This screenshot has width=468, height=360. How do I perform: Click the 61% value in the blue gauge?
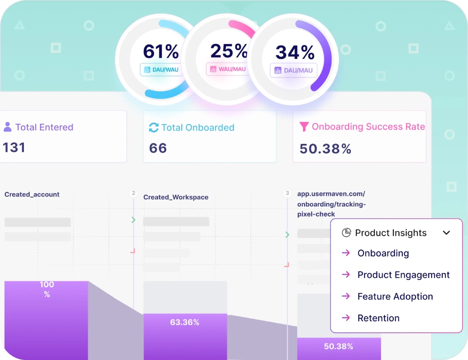pyautogui.click(x=160, y=51)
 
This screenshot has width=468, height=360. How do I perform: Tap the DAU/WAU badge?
pyautogui.click(x=161, y=70)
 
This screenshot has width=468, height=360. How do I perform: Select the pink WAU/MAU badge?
pyautogui.click(x=228, y=69)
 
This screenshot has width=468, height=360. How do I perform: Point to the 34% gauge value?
pyautogui.click(x=295, y=52)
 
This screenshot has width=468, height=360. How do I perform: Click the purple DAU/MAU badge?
pyautogui.click(x=294, y=70)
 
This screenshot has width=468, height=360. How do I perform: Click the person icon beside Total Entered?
pyautogui.click(x=8, y=127)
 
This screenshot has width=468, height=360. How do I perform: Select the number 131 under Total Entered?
pyautogui.click(x=14, y=148)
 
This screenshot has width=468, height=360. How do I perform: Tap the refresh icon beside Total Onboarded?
pyautogui.click(x=154, y=127)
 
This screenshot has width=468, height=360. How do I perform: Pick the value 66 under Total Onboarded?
pyautogui.click(x=158, y=148)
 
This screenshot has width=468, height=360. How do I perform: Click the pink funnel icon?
pyautogui.click(x=304, y=126)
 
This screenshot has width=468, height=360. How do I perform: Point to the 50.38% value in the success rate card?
pyautogui.click(x=325, y=149)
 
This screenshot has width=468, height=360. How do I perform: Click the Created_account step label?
pyautogui.click(x=32, y=194)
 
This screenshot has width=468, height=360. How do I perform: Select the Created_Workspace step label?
pyautogui.click(x=176, y=197)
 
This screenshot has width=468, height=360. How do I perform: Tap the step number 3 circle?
pyautogui.click(x=287, y=193)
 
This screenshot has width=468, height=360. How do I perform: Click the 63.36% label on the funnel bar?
pyautogui.click(x=185, y=322)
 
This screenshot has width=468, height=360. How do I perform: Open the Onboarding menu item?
pyautogui.click(x=383, y=253)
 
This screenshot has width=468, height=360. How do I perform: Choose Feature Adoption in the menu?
pyautogui.click(x=395, y=297)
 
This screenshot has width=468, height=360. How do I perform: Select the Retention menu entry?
pyautogui.click(x=378, y=318)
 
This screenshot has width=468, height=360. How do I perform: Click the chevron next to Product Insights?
pyautogui.click(x=446, y=233)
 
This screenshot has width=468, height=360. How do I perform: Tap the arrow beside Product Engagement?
pyautogui.click(x=346, y=274)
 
